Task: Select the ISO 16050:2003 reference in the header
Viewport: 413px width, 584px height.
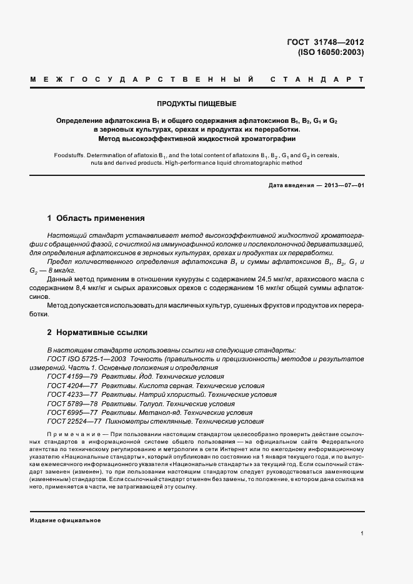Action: coord(331,53)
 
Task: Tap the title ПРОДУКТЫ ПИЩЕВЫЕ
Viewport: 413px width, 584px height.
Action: coord(196,104)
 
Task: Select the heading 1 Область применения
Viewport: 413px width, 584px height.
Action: coord(96,218)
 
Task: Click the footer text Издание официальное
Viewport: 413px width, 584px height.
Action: coord(66,520)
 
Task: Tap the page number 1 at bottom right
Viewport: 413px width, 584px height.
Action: coord(362,533)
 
